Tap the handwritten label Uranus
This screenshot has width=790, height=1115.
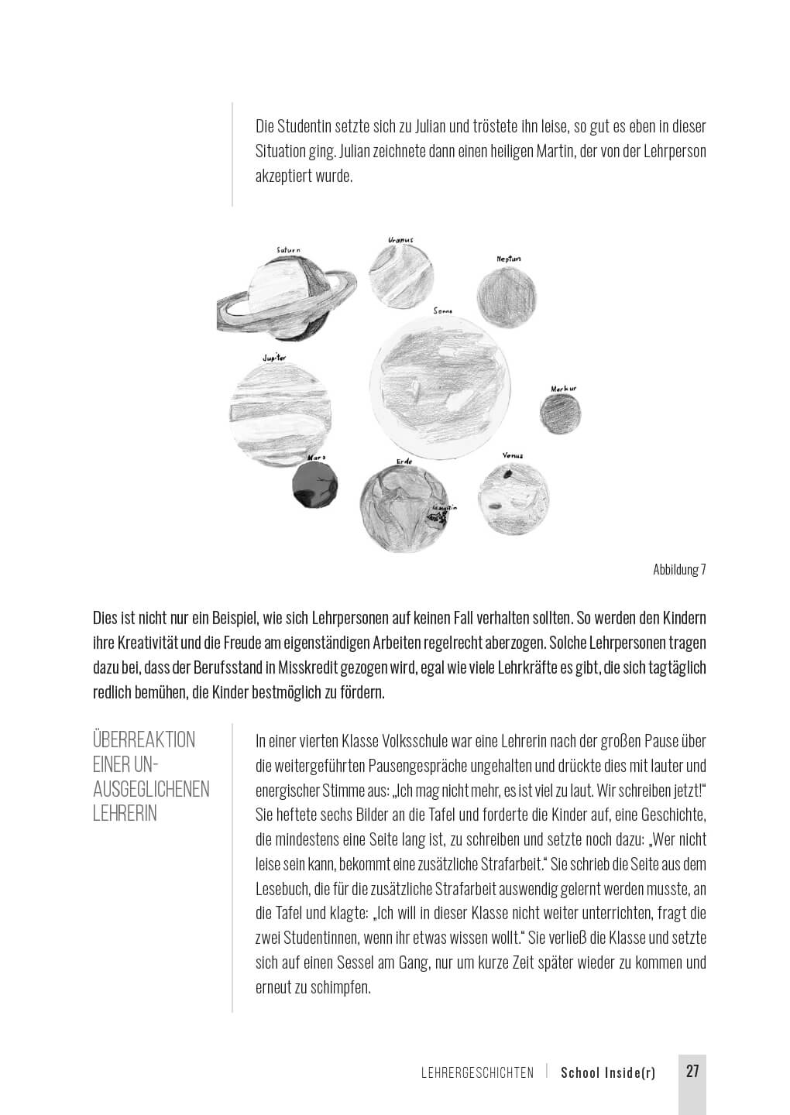click(x=400, y=240)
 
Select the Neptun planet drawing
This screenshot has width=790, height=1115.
click(x=506, y=298)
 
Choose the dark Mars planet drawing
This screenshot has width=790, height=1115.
click(x=315, y=486)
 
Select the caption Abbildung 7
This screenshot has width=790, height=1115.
click(x=679, y=570)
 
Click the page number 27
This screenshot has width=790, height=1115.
click(x=692, y=1072)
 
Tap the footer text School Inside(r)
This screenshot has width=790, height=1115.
click(x=607, y=1072)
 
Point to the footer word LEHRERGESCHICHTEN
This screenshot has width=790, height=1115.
click(x=477, y=1073)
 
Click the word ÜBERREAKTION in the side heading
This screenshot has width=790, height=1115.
click(x=144, y=740)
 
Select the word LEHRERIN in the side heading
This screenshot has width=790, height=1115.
click(x=125, y=814)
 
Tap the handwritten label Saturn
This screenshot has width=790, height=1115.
click(x=288, y=250)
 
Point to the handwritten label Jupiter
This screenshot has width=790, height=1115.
click(x=274, y=359)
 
